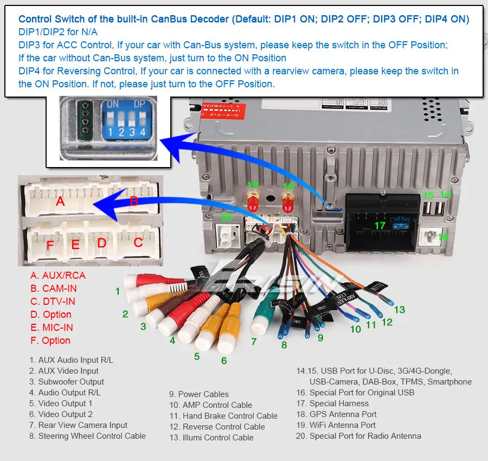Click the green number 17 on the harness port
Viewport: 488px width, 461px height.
point(380,225)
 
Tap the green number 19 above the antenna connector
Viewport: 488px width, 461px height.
point(252,185)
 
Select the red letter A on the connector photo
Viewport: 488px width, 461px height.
point(60,201)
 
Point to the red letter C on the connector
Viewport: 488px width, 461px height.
point(138,242)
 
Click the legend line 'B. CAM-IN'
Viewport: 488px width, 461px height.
point(53,288)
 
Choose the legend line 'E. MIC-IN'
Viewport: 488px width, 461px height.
point(51,327)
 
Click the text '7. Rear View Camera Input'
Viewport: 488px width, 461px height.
point(79,425)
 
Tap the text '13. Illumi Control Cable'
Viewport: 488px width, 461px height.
point(211,437)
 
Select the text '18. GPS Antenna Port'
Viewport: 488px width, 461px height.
point(336,414)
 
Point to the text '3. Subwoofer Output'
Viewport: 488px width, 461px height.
point(67,382)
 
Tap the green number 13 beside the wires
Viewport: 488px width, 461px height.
point(400,310)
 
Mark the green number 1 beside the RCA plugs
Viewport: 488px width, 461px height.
point(118,291)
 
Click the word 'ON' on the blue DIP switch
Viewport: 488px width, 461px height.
point(112,104)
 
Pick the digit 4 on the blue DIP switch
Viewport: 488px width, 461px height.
point(143,132)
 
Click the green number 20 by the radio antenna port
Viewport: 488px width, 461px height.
point(227,217)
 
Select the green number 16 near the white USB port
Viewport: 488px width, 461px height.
point(443,237)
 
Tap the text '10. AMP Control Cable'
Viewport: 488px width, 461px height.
point(210,405)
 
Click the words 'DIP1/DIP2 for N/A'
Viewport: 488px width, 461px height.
point(58,32)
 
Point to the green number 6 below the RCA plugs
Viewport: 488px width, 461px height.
point(224,360)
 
